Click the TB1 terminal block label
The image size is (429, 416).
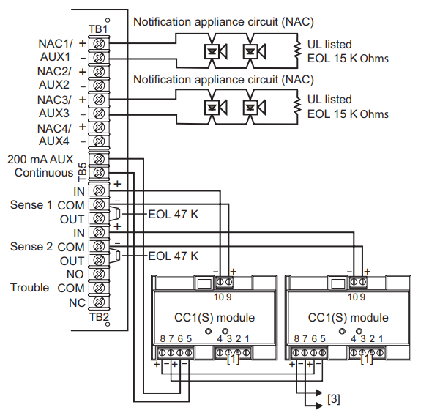click(97, 29)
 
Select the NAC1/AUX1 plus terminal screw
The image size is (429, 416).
click(98, 43)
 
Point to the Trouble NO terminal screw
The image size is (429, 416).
click(98, 274)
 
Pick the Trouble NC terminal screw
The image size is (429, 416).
click(98, 302)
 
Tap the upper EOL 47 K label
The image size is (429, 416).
click(173, 213)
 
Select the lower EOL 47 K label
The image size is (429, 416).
click(173, 256)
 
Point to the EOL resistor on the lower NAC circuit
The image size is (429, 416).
click(297, 106)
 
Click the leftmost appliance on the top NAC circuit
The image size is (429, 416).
click(214, 51)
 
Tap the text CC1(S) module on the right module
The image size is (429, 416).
click(348, 318)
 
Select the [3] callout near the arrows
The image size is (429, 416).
click(333, 400)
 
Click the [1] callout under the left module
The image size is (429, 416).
click(231, 359)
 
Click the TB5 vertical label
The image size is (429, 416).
click(82, 172)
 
